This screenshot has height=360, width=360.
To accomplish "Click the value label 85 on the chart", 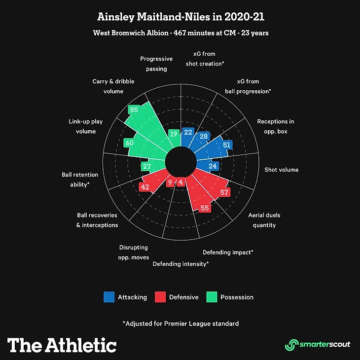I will tap(133, 109).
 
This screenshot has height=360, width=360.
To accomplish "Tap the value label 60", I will tap(129, 143).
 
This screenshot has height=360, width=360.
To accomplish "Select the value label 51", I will tap(227, 145).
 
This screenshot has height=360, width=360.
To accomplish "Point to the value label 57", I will tap(225, 192).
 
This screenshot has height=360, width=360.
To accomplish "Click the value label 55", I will tap(205, 208).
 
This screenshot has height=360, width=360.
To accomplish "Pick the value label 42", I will tap(144, 187).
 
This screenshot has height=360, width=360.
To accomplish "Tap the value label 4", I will tap(181, 182).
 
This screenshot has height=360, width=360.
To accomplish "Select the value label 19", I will tap(173, 134).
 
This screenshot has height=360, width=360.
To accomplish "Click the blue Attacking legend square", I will tap(109, 297).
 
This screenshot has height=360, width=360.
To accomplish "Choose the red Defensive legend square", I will tap(160, 297).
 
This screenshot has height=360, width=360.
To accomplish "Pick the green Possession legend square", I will tap(212, 297).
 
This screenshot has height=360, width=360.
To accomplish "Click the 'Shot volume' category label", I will tap(282, 170).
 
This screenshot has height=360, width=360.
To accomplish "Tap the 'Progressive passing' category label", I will tap(156, 64).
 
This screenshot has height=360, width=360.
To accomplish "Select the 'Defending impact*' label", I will tap(228, 252).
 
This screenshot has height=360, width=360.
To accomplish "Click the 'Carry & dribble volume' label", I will tap(113, 86).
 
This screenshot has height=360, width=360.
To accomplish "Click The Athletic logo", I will tap(62, 345).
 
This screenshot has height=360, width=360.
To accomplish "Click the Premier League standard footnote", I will tap(180, 324).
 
